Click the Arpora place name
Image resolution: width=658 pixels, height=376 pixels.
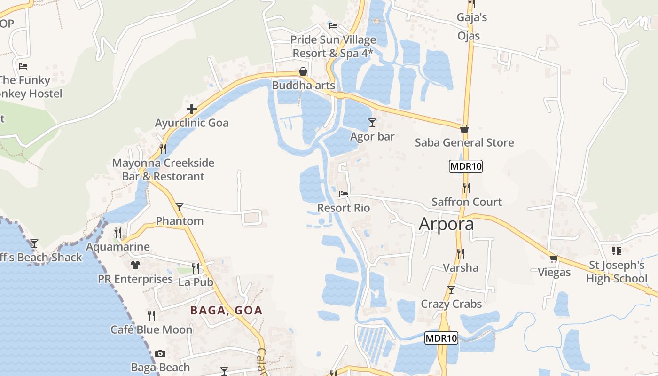[446, 224]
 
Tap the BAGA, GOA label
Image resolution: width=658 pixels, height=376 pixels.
[226, 310]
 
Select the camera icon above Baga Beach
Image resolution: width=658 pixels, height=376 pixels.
[160, 353]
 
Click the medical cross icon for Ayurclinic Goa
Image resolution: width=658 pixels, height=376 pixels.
[191, 110]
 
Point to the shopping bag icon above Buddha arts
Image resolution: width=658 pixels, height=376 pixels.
[303, 72]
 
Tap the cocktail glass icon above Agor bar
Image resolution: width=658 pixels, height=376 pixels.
[372, 123]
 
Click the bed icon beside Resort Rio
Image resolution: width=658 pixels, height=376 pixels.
[344, 194]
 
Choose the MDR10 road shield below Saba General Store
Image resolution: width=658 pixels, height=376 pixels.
[466, 166]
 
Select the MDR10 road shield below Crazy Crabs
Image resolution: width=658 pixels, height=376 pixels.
[441, 338]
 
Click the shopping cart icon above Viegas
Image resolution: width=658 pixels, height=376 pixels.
[554, 258]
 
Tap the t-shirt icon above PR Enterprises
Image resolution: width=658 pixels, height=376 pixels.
[135, 265]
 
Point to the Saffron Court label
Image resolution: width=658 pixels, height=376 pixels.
[467, 202]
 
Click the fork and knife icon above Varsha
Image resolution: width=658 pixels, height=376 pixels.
[461, 254]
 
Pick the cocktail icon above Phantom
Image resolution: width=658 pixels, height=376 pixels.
[179, 207]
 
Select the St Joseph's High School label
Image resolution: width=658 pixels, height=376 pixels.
[617, 272]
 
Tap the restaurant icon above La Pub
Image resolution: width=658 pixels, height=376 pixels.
[196, 268]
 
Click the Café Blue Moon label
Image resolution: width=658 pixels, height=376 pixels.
[151, 329]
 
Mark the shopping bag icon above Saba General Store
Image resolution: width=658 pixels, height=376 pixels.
[464, 129]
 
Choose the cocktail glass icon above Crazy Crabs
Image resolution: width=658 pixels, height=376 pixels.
[451, 290]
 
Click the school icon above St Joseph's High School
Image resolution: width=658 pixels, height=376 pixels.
[617, 251]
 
